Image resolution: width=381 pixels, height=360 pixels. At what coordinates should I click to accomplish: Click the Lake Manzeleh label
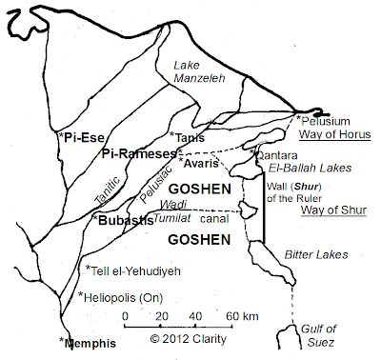(x=199, y=74)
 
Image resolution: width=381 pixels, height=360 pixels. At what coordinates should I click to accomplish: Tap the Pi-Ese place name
(x=85, y=137)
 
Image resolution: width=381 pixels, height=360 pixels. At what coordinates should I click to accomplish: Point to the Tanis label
(x=190, y=137)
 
